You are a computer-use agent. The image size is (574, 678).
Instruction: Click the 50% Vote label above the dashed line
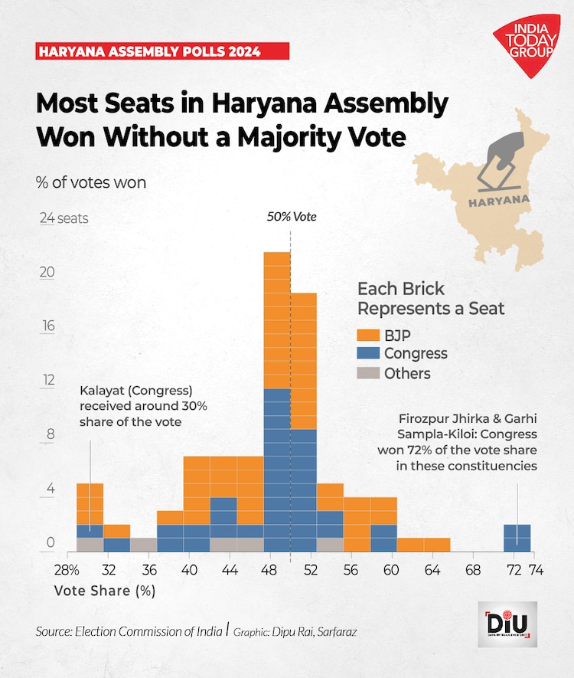tap(291, 217)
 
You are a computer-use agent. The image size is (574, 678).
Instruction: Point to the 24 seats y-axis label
tap(64, 218)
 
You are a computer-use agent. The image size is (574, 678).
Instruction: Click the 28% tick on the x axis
tap(67, 570)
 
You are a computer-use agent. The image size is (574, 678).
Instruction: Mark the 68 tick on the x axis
tap(473, 570)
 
